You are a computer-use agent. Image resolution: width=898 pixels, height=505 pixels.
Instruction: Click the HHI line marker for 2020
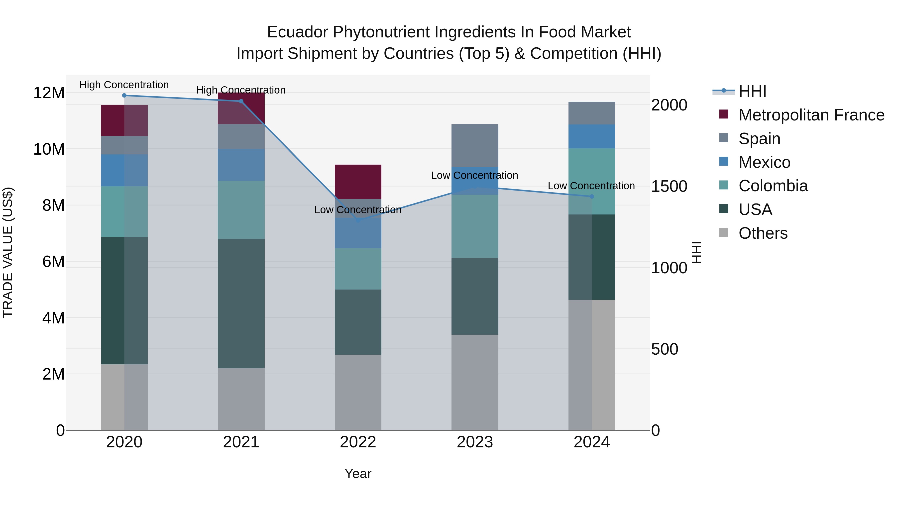coord(124,95)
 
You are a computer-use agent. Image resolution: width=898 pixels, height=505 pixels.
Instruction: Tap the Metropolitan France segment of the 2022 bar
coord(358,182)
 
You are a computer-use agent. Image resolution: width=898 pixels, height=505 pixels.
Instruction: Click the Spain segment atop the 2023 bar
coord(474,145)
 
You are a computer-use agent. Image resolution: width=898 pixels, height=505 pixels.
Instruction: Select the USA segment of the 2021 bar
coord(241,303)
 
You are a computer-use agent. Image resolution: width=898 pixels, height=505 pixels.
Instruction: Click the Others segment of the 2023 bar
coord(474,382)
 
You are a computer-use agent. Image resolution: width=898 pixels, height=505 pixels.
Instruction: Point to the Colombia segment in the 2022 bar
coord(358,269)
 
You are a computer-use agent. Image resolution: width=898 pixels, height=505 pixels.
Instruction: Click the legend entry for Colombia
coord(773,186)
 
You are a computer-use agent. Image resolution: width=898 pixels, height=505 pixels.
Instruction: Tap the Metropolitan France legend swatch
coord(723,114)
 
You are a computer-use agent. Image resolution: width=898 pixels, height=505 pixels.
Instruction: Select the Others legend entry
coord(763,233)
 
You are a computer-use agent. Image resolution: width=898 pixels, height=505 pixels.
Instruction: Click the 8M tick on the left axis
coord(53,205)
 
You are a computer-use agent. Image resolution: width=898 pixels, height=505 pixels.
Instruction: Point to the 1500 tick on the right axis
coord(669,187)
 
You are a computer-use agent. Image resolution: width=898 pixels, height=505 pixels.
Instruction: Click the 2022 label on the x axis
coord(358,442)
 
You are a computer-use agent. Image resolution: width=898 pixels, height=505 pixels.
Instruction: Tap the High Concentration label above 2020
coord(124,85)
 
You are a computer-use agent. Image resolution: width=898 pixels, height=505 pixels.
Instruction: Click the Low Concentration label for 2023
coord(474,175)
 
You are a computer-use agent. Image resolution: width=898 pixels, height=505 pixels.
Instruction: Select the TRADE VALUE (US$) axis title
coord(8,252)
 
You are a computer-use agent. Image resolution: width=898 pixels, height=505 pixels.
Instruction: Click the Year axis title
coord(358,474)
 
